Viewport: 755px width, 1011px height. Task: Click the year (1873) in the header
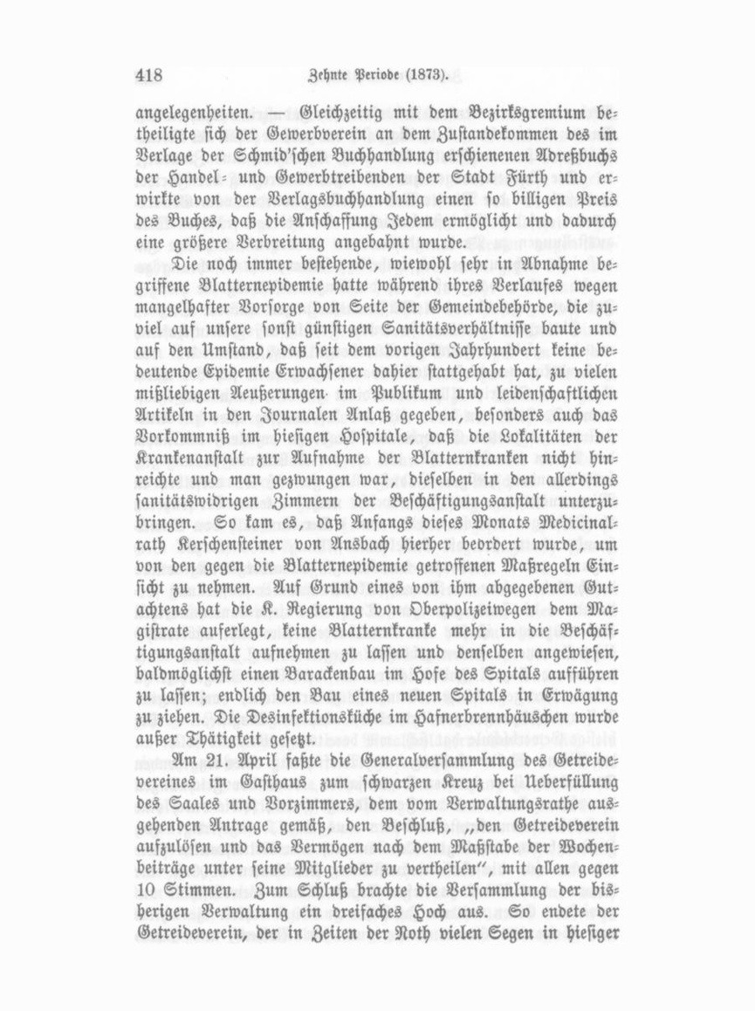coord(426,76)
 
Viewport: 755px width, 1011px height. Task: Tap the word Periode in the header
coord(374,76)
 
